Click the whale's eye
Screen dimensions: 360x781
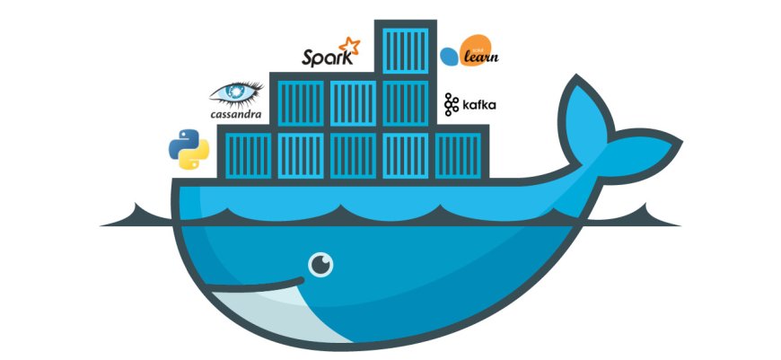click(x=320, y=264)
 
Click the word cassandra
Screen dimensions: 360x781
click(x=235, y=114)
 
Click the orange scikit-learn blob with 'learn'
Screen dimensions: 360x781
click(x=478, y=57)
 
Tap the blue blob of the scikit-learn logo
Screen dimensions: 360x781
click(x=449, y=57)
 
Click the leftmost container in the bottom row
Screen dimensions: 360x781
click(x=248, y=152)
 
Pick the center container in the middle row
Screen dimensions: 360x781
click(x=353, y=101)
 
